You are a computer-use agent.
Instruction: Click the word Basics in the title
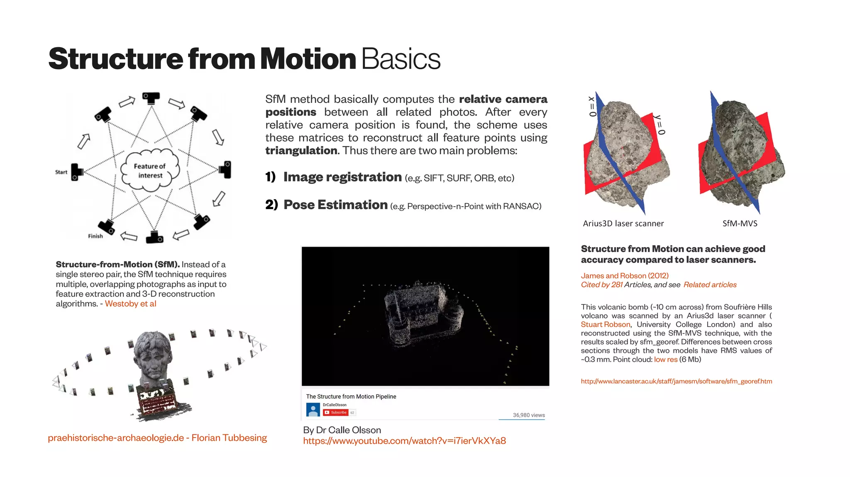tap(401, 59)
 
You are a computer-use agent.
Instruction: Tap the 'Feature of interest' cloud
tap(150, 170)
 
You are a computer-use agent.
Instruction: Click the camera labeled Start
tap(77, 172)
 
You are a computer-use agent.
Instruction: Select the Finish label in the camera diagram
tap(95, 236)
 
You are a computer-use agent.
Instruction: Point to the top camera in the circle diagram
tap(151, 98)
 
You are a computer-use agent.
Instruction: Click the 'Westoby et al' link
tap(130, 304)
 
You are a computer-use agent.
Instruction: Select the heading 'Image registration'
tap(342, 177)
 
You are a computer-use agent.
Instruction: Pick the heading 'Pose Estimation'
tap(335, 205)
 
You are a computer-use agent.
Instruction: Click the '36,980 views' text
tap(528, 415)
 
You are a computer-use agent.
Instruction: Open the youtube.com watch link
tap(404, 441)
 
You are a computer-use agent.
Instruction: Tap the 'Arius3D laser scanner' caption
tap(623, 224)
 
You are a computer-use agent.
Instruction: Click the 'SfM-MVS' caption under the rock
tap(740, 224)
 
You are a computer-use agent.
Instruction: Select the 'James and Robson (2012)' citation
tap(624, 276)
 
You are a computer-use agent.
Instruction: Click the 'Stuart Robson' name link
tap(605, 324)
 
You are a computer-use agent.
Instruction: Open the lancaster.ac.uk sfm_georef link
tap(676, 381)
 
